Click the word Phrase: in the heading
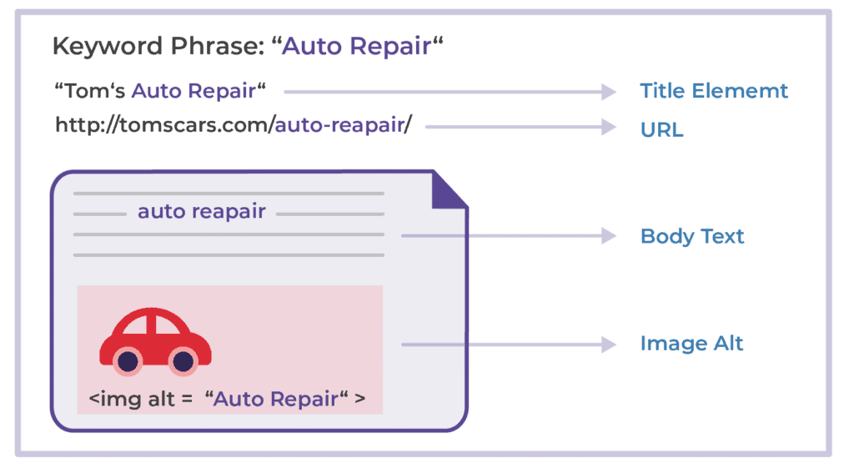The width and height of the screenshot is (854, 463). click(x=218, y=47)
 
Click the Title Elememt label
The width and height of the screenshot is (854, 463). click(x=714, y=91)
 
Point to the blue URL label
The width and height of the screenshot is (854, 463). click(x=661, y=130)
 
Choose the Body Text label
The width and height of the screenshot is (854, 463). click(x=692, y=236)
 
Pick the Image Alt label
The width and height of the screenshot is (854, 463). click(x=691, y=343)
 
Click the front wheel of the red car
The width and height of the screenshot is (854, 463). click(x=182, y=361)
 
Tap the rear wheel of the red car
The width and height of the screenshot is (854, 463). click(x=127, y=361)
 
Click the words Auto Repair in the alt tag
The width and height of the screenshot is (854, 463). click(x=275, y=399)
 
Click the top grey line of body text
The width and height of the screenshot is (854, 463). click(x=229, y=193)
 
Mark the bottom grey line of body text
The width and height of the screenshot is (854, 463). click(x=229, y=254)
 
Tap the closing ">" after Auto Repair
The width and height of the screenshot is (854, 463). click(x=359, y=399)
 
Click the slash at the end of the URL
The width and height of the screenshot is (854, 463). click(x=408, y=126)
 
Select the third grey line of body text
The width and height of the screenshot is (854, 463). click(x=229, y=234)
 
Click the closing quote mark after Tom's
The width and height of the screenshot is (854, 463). click(x=262, y=86)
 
